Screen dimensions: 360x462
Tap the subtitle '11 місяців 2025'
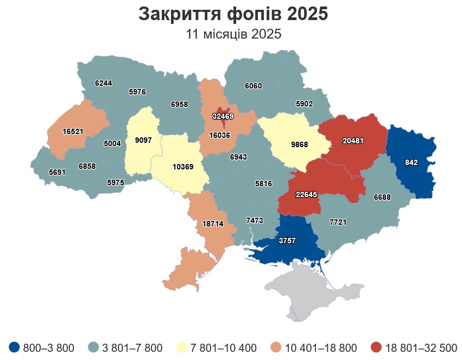tap(233, 35)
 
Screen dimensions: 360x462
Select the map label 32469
tap(223, 116)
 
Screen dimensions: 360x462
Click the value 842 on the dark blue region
tap(411, 162)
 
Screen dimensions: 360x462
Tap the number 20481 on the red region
tap(353, 141)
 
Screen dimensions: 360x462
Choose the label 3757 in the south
tap(287, 241)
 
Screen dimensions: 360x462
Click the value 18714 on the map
tap(213, 223)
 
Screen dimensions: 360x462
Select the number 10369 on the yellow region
tap(183, 167)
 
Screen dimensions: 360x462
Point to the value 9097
tap(143, 140)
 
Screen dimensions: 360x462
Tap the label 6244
tap(103, 84)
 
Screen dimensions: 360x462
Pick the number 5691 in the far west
tap(57, 172)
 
